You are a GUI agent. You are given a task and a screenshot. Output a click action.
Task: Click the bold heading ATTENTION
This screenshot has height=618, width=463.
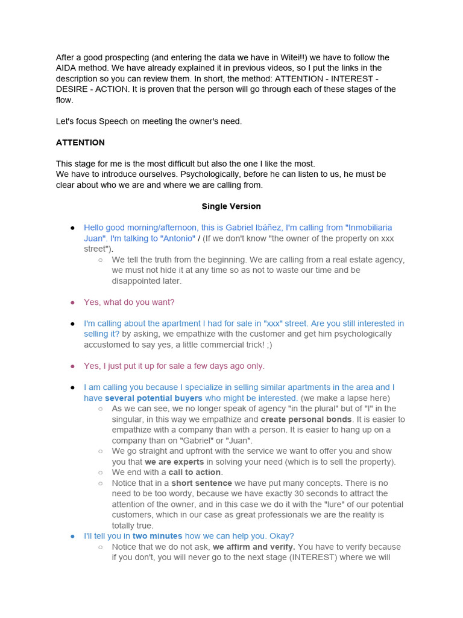[x=80, y=142]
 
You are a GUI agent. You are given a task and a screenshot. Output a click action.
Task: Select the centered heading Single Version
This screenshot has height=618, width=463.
[x=231, y=206]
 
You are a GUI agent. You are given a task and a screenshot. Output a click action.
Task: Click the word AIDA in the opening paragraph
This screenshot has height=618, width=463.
[x=67, y=68]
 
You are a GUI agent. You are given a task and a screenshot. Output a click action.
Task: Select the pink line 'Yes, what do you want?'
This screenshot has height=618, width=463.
[x=129, y=302]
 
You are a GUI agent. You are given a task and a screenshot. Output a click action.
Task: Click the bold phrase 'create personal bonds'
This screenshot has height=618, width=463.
[x=306, y=419]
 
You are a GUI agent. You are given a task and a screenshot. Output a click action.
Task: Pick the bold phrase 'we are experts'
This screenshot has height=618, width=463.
[x=174, y=462]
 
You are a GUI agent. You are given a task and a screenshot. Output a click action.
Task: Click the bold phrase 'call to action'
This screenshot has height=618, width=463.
[x=195, y=473]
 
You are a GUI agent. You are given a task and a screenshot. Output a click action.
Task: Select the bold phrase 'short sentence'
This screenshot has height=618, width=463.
[x=201, y=483]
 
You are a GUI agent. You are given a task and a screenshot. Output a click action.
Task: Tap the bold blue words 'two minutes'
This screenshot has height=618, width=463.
[x=157, y=536]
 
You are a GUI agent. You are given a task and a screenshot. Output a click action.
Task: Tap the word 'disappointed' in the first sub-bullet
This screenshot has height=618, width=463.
[x=137, y=281]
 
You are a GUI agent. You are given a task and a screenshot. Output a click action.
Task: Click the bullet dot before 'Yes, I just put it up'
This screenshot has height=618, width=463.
[x=73, y=366]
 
